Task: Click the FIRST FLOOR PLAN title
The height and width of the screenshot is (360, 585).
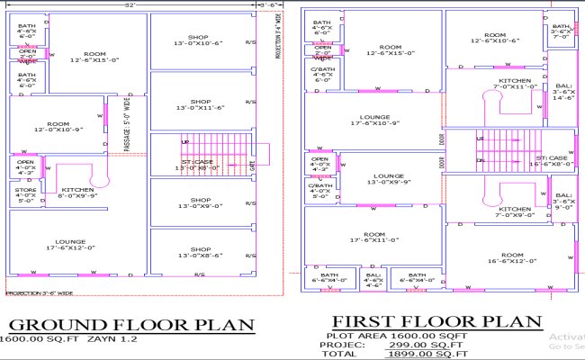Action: pos(437,320)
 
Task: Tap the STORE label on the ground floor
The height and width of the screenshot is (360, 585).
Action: pos(25,195)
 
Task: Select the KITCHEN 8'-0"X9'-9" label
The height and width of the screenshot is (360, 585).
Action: pos(78,193)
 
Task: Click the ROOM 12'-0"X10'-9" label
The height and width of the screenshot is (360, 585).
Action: pos(58,127)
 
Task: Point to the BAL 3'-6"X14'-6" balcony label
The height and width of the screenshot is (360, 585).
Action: pos(563,92)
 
